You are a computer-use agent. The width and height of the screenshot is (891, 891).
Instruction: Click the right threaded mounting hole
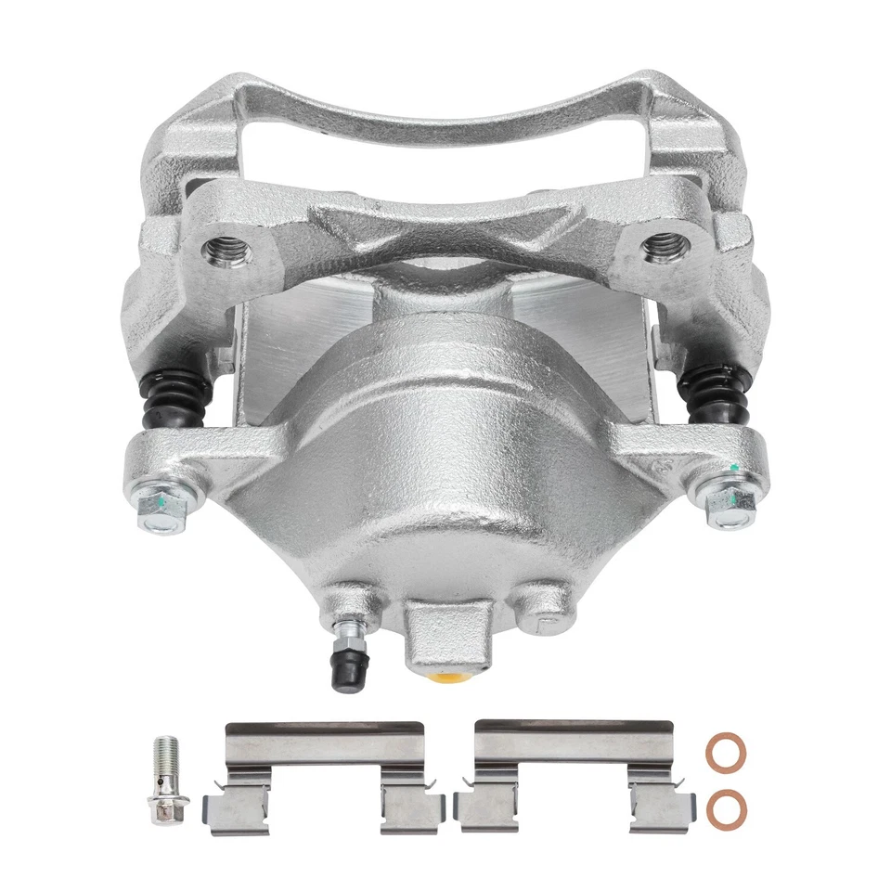(665, 246)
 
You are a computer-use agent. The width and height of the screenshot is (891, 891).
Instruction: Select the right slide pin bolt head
(730, 504)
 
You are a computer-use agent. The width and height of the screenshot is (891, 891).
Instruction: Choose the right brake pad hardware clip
(572, 777)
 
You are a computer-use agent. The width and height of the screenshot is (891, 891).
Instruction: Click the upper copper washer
(725, 752)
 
